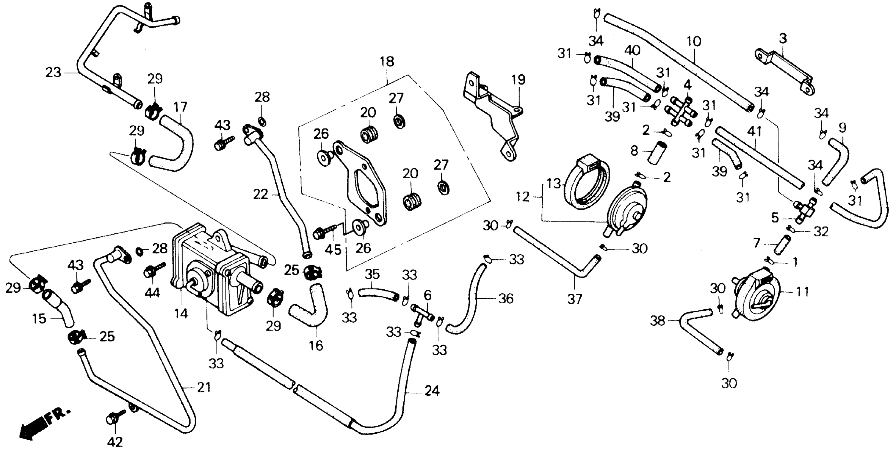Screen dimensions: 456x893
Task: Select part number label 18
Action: coord(387,62)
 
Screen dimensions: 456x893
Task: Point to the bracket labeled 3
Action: coord(784,71)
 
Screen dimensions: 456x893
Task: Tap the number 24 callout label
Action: coord(432,391)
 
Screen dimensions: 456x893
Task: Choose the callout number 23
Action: coord(53,72)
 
